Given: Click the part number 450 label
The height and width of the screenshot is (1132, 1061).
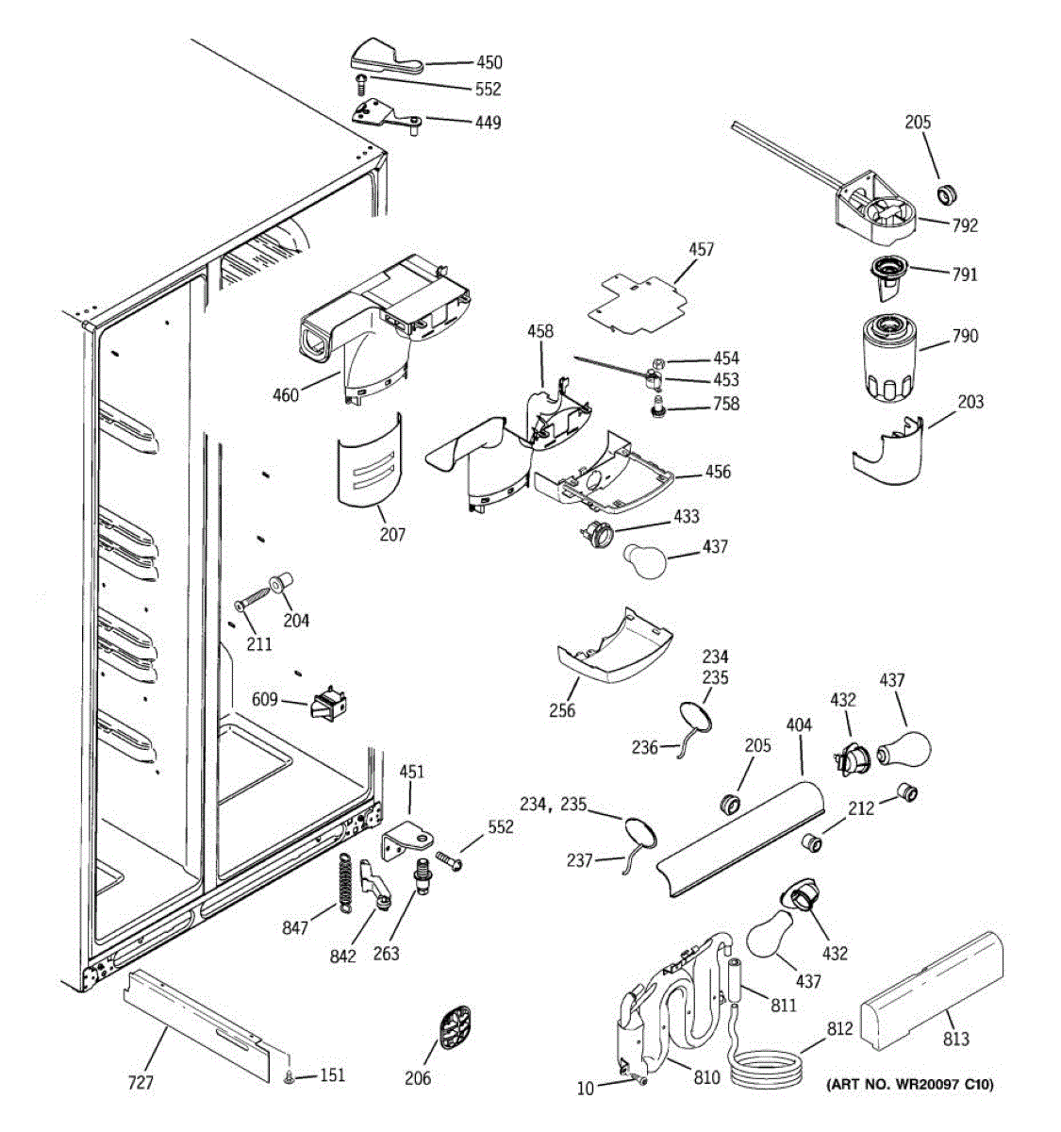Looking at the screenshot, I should point(489,62).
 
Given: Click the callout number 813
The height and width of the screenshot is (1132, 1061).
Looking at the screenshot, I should point(955,1039).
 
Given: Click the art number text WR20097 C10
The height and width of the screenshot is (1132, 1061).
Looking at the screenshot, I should point(909,1084).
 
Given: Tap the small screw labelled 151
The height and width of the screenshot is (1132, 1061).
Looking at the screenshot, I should point(290,1076).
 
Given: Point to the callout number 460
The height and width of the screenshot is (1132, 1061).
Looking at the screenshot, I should point(286,394).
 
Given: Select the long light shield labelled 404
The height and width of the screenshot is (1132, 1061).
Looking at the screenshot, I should point(740,835).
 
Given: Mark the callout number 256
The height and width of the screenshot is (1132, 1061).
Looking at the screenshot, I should point(562,710).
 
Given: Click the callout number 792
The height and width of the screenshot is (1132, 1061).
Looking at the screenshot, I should point(965,225).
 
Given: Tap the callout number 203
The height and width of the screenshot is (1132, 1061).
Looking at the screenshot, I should point(970,402).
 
